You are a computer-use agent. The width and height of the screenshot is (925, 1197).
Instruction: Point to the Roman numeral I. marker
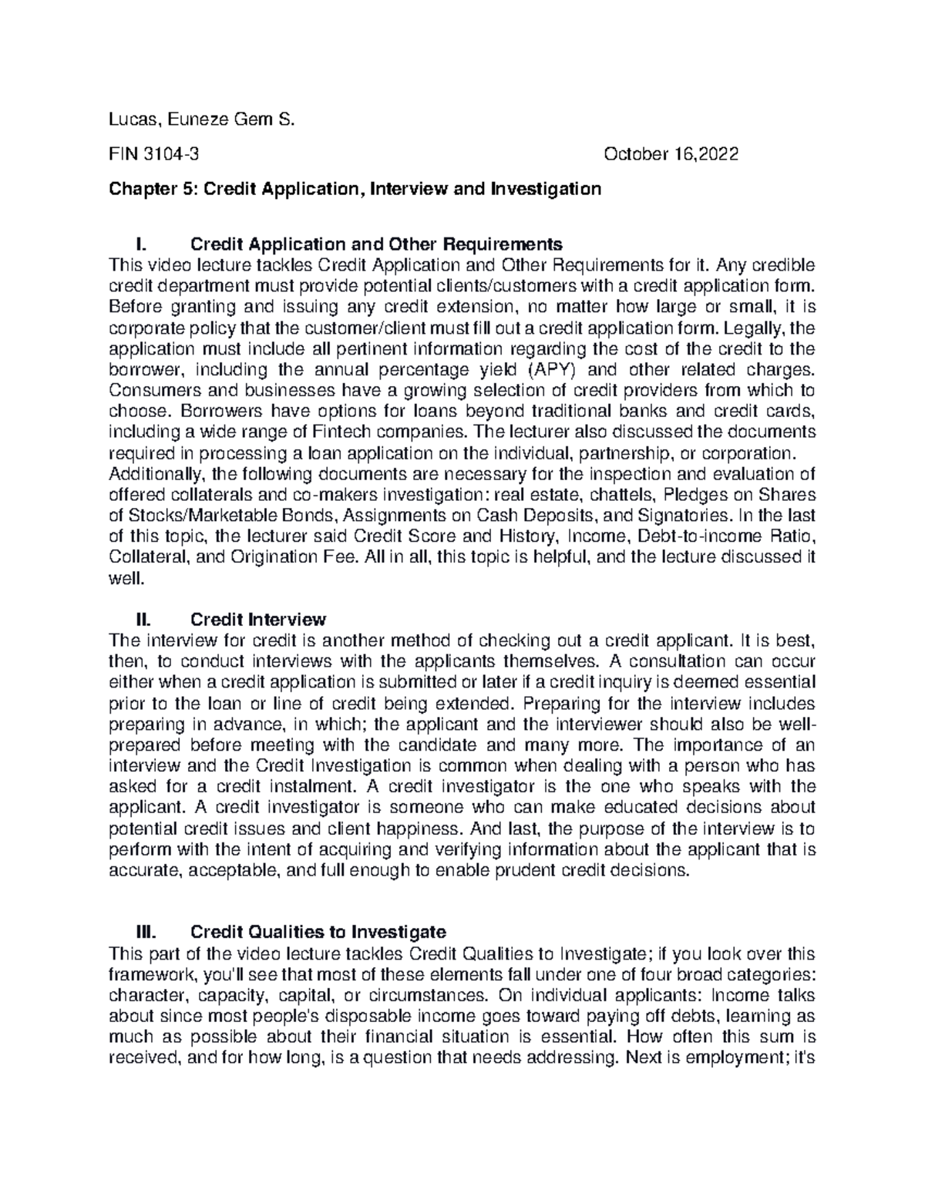point(140,245)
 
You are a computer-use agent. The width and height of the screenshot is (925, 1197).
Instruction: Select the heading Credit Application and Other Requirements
point(376,245)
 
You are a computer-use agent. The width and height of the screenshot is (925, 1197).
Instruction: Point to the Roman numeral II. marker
point(143,620)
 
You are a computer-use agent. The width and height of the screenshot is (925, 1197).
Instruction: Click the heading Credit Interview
point(258,620)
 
